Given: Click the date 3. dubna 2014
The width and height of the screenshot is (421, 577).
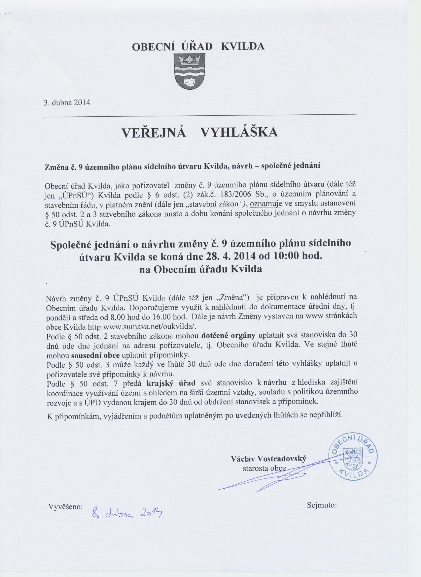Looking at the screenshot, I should tap(67, 102).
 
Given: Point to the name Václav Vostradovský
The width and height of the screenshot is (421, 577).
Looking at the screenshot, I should tap(268, 459).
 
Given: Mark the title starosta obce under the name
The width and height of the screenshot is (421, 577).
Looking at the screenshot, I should tap(264, 469).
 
